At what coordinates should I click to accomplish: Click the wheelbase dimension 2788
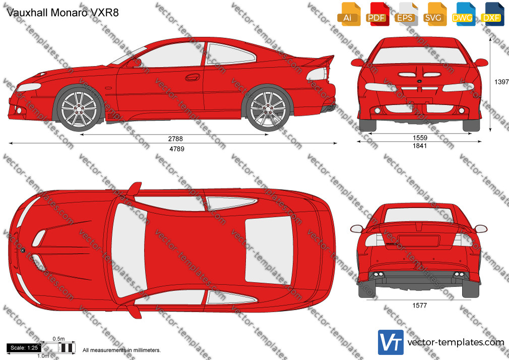(175, 139)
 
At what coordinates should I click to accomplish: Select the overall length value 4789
(177, 149)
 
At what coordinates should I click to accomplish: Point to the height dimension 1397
(501, 82)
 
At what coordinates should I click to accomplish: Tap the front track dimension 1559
(420, 138)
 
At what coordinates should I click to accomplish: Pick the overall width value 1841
(420, 146)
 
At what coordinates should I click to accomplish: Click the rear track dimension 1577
(420, 305)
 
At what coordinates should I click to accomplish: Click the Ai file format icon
(349, 14)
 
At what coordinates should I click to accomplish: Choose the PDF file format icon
(377, 14)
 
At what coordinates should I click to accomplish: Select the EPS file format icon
(406, 14)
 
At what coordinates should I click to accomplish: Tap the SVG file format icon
(434, 14)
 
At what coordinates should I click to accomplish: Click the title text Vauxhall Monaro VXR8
(62, 13)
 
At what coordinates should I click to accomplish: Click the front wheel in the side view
(79, 108)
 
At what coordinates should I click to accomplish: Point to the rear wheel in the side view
(268, 109)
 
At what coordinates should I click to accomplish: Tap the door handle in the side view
(193, 77)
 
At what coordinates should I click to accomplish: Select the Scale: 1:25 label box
(24, 348)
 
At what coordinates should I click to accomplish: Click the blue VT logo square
(391, 342)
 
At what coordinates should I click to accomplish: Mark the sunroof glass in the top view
(269, 250)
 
